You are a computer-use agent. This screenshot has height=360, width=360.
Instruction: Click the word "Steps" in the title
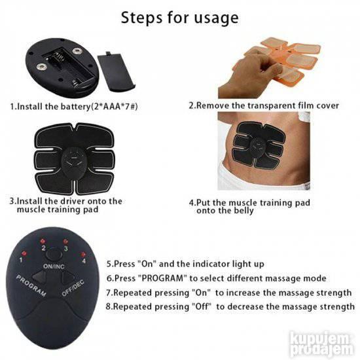tap(141, 18)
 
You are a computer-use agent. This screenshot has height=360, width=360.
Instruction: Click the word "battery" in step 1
tap(75, 107)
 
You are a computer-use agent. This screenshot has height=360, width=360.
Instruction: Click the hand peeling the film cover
tap(248, 73)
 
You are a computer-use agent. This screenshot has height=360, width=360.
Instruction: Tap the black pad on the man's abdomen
tap(259, 144)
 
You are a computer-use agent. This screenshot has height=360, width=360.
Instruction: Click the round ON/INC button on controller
tap(54, 255)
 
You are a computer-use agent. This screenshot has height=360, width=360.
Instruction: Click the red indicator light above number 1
tap(24, 253)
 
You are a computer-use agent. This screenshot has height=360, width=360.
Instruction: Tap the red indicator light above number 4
tap(83, 255)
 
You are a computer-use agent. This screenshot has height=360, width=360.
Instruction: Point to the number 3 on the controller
tap(66, 249)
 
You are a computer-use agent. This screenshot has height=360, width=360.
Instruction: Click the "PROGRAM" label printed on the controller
tap(31, 285)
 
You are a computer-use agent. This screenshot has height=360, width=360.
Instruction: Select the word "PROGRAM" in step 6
tap(163, 278)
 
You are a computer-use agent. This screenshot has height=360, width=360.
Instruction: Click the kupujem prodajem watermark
tap(321, 343)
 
